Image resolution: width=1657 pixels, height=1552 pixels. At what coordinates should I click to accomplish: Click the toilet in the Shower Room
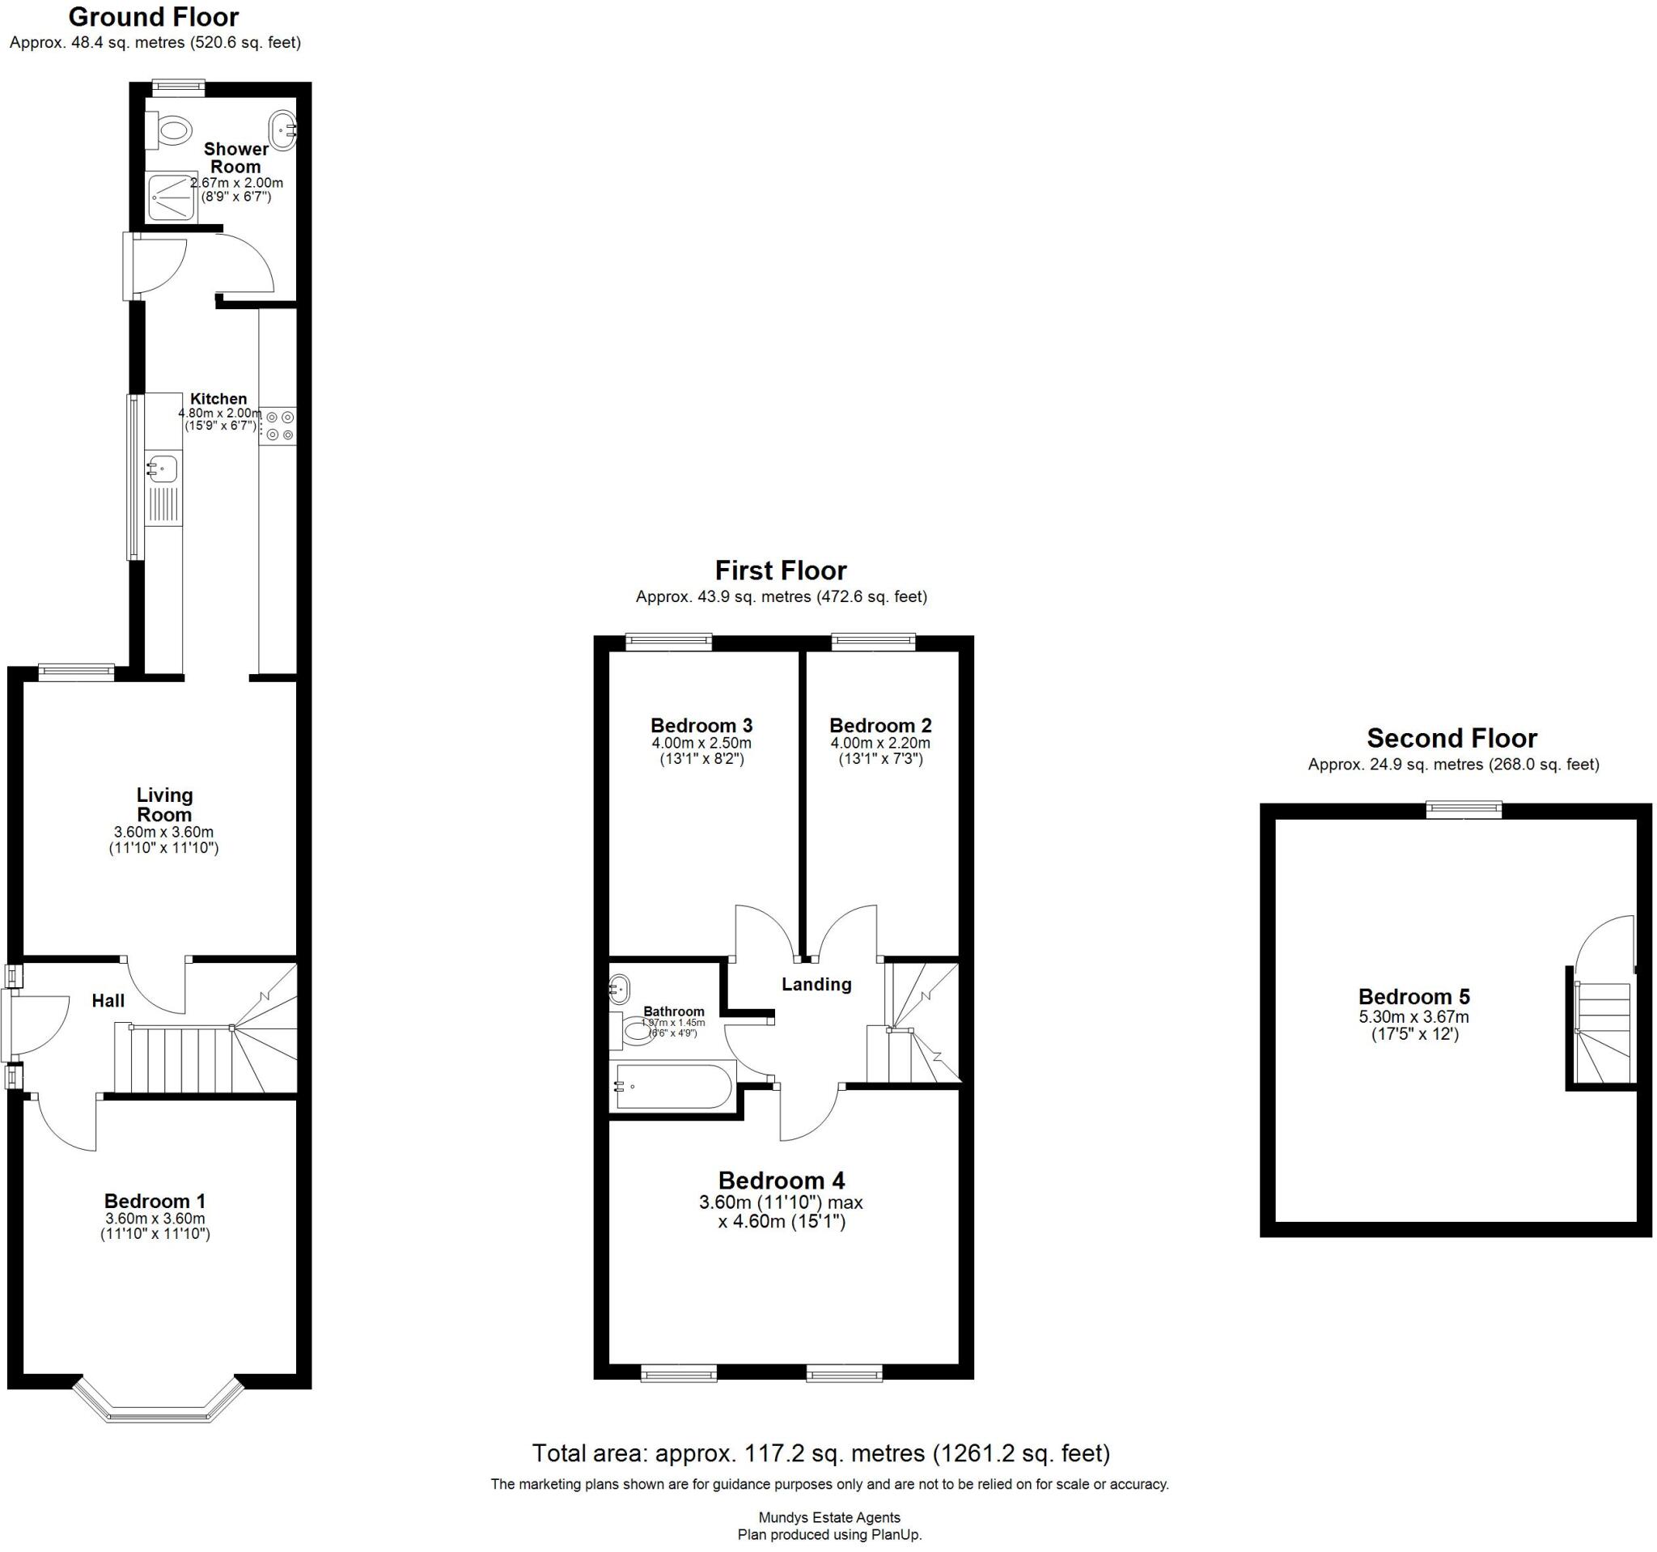point(170,131)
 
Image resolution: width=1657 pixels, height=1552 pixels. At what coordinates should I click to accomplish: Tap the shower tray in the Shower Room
point(172,197)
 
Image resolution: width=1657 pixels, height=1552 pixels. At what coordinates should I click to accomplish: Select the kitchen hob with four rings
point(278,425)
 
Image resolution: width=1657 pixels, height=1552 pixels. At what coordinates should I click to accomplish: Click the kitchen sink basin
point(163,469)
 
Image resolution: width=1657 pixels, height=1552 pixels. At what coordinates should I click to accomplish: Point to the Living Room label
point(164,804)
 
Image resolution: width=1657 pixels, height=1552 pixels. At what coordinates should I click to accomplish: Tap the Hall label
point(108,1001)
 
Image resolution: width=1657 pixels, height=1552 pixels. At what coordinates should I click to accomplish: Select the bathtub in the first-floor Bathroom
point(673,1087)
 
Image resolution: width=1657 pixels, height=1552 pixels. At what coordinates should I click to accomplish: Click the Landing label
point(816,985)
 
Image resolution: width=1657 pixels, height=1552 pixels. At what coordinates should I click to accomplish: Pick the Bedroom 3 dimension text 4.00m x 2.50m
point(701,743)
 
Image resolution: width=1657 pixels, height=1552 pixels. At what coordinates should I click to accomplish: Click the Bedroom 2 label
point(880,725)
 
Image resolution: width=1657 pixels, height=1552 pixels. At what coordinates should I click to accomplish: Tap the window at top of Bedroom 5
point(1463,809)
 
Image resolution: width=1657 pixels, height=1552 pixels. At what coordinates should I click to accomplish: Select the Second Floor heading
point(1451,739)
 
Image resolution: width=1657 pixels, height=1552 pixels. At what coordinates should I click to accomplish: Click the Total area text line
point(820,1453)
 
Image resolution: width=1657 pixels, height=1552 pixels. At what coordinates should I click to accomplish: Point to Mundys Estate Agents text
point(828,1518)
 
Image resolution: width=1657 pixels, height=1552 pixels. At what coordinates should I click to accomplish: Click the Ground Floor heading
point(154,17)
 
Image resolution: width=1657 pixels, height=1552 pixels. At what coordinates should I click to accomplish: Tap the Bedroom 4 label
point(781,1181)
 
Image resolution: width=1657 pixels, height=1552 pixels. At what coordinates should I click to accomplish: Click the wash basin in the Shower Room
point(282,131)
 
